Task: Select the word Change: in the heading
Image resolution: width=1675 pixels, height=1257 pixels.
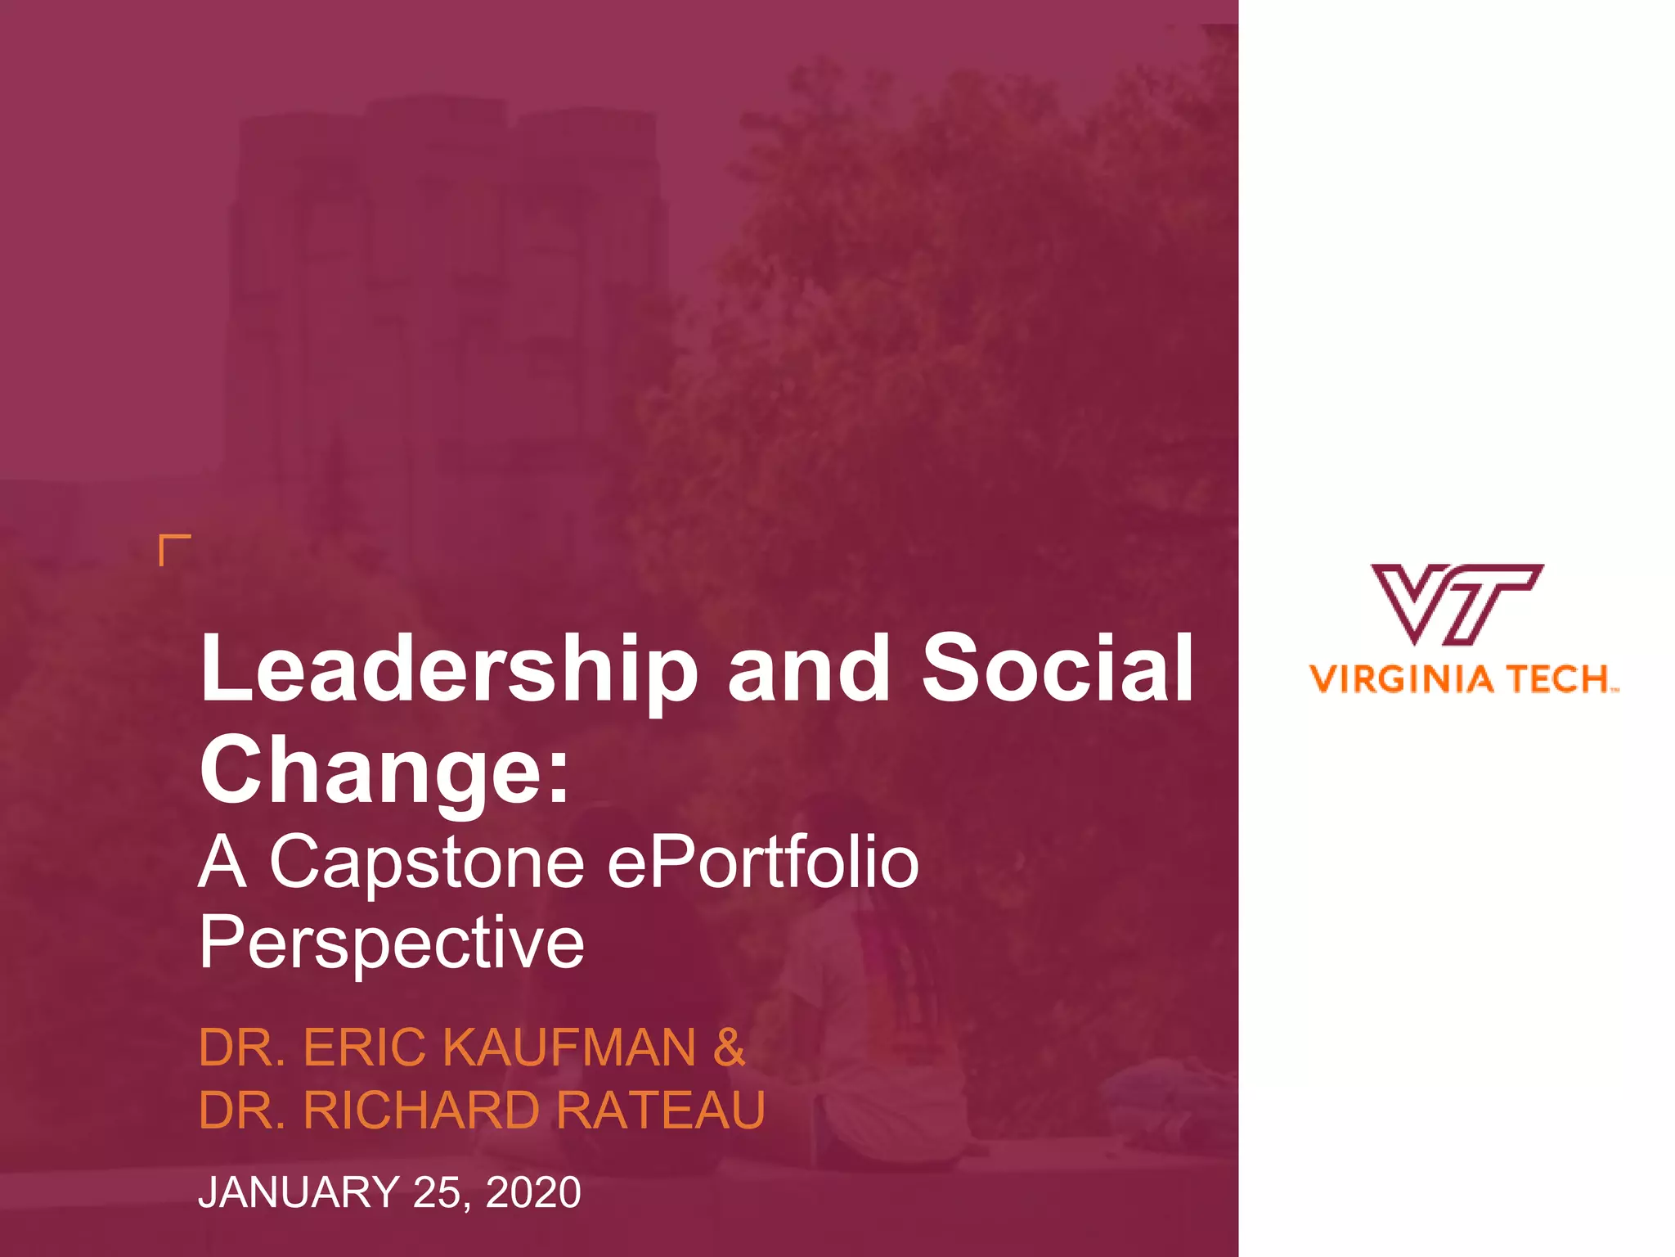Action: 384,770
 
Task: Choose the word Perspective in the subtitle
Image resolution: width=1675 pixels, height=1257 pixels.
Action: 392,943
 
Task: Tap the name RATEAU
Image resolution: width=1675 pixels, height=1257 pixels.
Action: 661,1111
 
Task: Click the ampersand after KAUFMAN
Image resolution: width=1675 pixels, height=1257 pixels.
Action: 729,1047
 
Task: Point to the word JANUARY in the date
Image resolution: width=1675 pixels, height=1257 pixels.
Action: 299,1192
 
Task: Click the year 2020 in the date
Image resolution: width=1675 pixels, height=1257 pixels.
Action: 533,1192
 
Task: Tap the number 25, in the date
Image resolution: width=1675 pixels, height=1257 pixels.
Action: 442,1192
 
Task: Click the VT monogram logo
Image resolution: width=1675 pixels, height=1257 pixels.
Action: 1457,604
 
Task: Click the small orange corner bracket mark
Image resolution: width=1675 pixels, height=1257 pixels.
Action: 173,549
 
